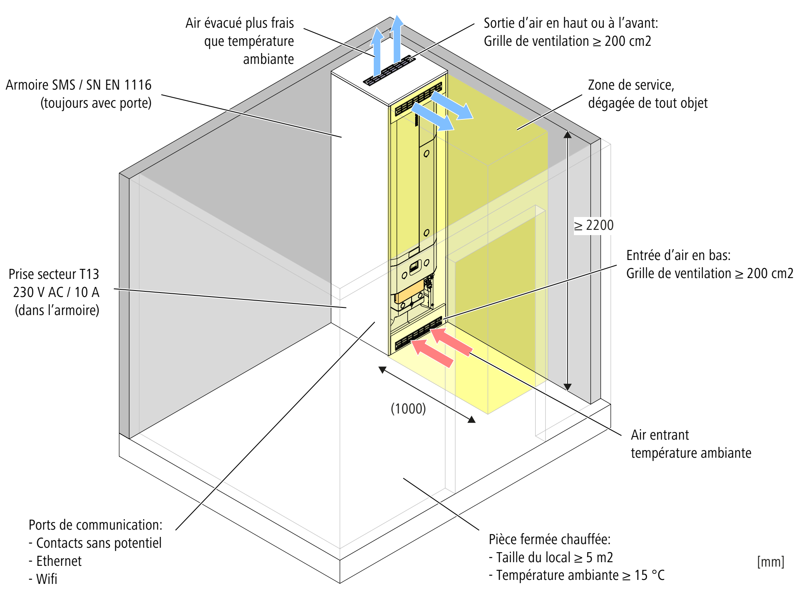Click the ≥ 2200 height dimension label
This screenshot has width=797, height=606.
(594, 225)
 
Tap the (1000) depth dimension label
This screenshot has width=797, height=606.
(408, 409)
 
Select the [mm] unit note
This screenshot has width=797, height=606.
(770, 561)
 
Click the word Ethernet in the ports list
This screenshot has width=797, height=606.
(59, 561)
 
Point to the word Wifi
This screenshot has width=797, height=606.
(47, 579)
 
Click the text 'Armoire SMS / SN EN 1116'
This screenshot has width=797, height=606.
(79, 85)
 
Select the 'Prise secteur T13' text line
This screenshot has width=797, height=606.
(54, 274)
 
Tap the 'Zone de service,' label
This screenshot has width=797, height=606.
(631, 85)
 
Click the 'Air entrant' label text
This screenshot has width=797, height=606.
(660, 435)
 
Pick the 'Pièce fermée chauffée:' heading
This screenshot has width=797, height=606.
(549, 539)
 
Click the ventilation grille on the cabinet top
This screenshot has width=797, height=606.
(389, 71)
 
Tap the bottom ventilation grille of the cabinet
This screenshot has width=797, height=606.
(418, 333)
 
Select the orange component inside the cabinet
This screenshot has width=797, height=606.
(409, 291)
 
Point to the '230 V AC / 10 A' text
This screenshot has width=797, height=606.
(56, 292)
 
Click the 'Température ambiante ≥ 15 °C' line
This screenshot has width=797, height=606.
(580, 575)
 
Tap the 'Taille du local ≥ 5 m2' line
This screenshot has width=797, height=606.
(554, 557)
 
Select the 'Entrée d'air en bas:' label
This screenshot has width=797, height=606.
(678, 255)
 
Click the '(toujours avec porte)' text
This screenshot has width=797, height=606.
(96, 103)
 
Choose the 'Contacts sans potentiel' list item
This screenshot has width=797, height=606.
(98, 543)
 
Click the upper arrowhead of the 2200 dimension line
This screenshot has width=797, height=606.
(567, 135)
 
